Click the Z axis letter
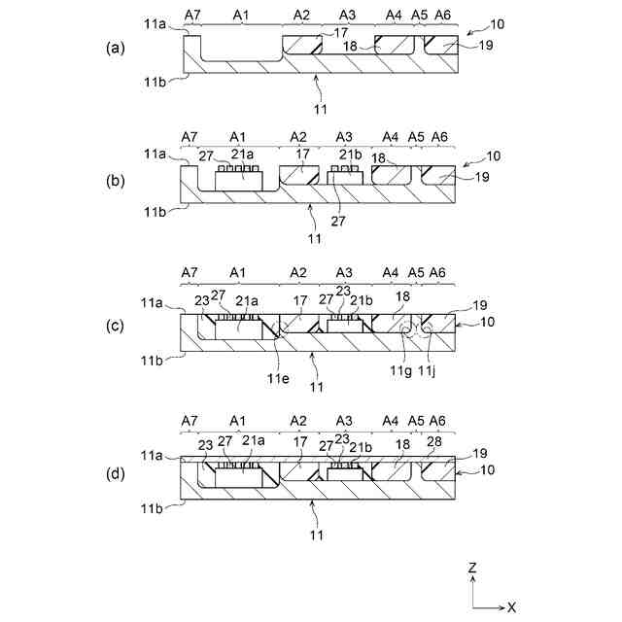click(x=471, y=568)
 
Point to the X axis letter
click(x=511, y=606)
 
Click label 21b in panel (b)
click(x=350, y=154)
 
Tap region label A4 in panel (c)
click(x=393, y=272)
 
